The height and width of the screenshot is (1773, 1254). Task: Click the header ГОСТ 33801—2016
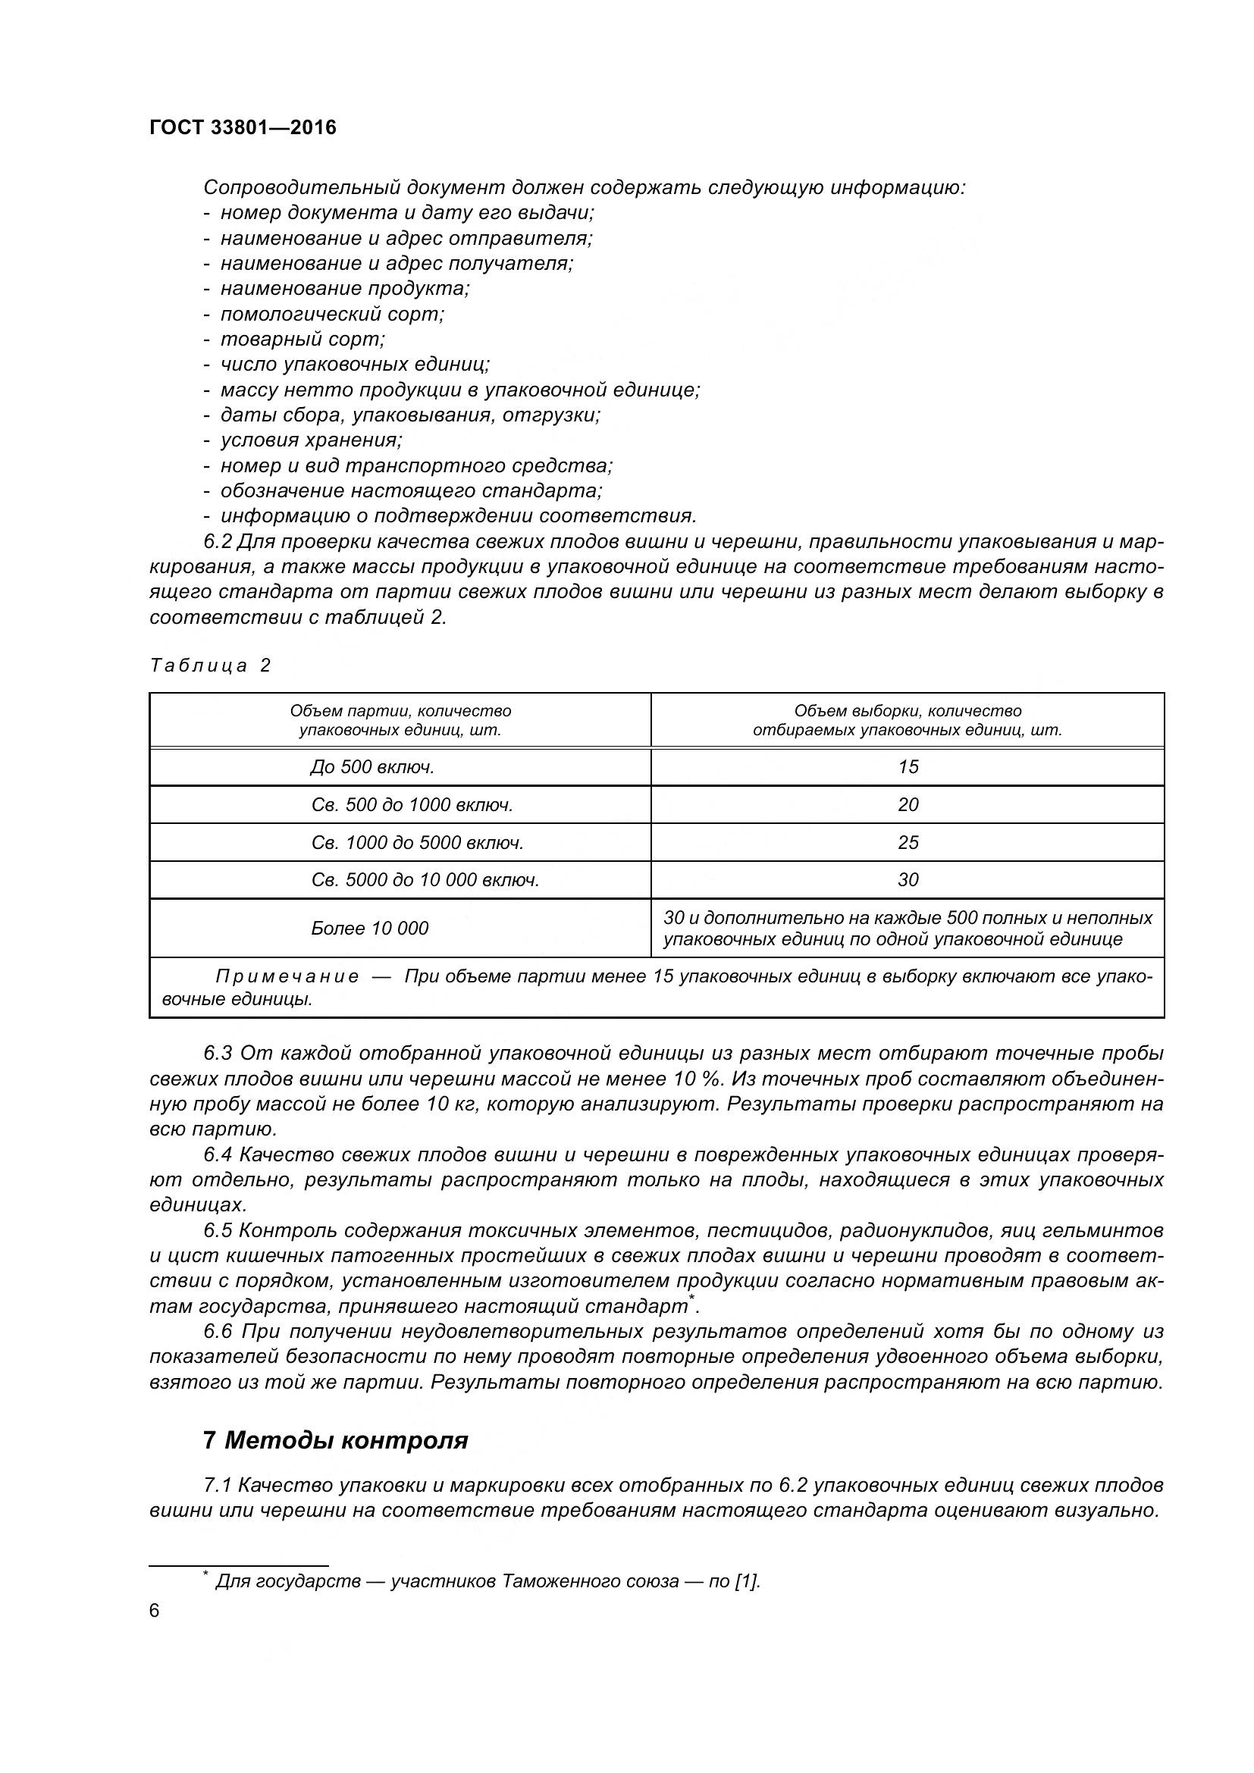tap(243, 127)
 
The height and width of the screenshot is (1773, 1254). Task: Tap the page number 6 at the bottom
tap(155, 1611)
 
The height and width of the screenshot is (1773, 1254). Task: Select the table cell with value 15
tap(908, 767)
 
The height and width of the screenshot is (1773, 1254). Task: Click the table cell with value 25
tap(908, 842)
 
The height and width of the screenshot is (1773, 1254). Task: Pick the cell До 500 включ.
tap(371, 767)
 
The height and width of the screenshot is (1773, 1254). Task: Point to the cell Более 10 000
tap(369, 929)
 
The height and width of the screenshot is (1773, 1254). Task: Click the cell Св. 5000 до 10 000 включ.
tap(425, 880)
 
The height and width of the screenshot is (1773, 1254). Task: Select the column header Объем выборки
tap(908, 719)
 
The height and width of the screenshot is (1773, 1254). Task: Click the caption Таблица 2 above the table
tap(210, 666)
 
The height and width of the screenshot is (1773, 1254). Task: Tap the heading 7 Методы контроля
tap(335, 1440)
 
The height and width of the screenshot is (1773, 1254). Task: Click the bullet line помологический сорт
tap(332, 315)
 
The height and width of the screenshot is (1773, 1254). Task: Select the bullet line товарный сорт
tap(303, 339)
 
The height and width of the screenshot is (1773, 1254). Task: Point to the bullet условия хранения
tap(311, 440)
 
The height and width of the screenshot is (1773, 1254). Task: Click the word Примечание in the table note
tap(287, 977)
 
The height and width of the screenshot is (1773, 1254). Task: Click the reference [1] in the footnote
tap(747, 1580)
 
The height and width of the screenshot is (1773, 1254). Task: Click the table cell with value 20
tap(908, 805)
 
